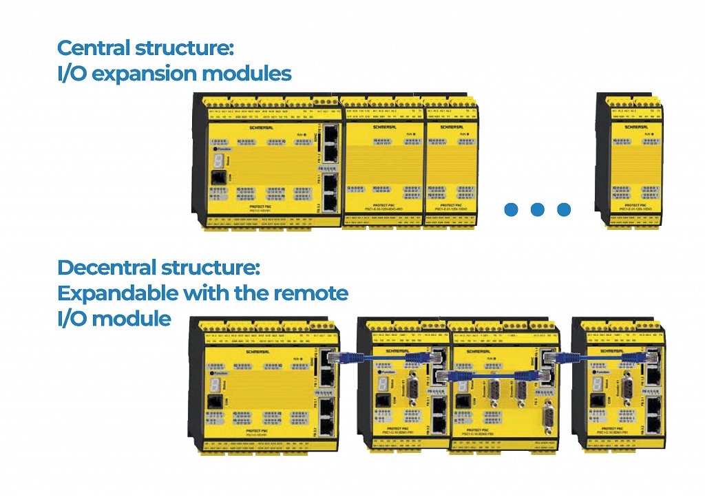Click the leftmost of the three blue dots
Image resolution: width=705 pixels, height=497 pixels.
click(x=511, y=209)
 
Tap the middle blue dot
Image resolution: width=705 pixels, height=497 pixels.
click(x=538, y=209)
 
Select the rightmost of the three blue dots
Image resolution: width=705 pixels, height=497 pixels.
click(x=564, y=209)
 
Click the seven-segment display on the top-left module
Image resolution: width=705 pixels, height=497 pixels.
click(x=218, y=160)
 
